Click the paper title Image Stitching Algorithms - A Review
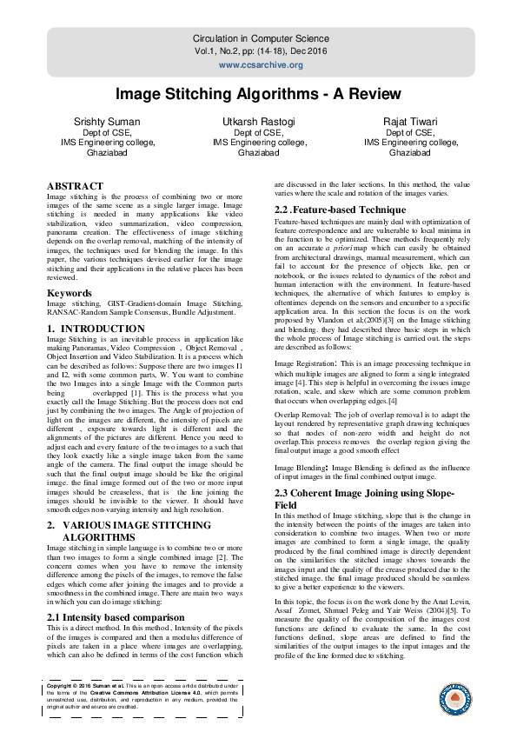tap(258, 94)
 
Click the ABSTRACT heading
tap(75, 186)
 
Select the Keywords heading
tap(69, 270)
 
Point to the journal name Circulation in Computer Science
tap(258, 39)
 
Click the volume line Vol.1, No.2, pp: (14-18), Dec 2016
tap(258, 51)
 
